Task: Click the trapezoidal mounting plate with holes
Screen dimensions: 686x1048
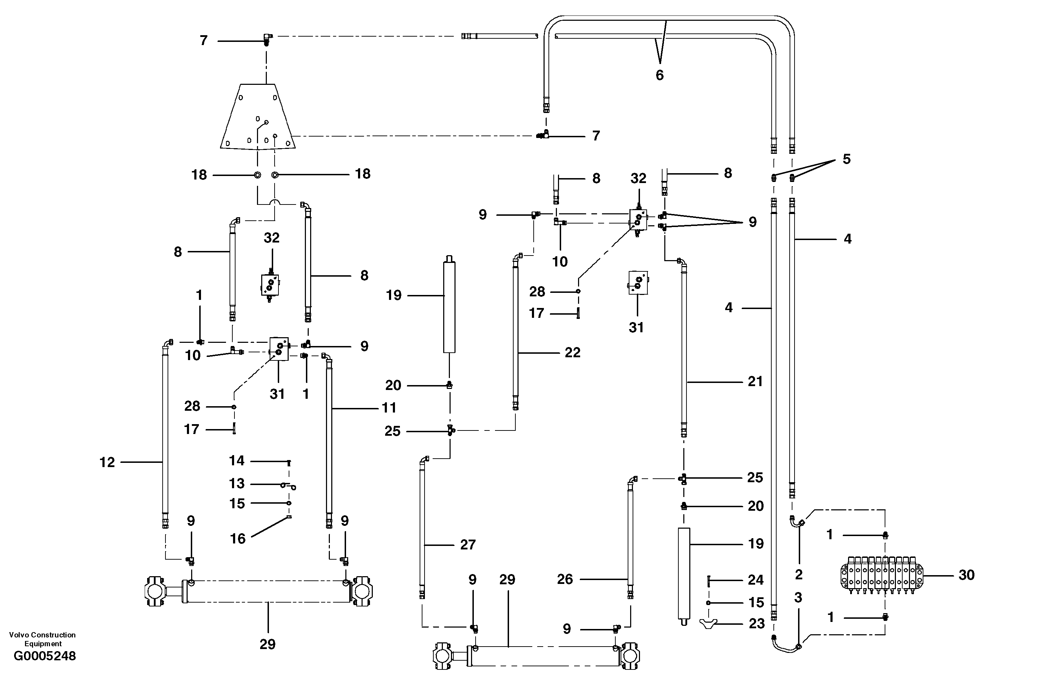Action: pos(258,117)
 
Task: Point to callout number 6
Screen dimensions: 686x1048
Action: pos(659,75)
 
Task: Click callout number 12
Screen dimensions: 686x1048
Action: pos(107,462)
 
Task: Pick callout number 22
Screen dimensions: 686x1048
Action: pos(572,352)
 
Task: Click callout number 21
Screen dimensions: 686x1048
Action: pos(755,381)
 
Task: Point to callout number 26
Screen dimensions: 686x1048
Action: pos(565,579)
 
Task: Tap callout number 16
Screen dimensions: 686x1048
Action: pos(238,538)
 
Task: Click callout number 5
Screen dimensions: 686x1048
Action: pos(846,159)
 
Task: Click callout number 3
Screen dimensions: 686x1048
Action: pos(798,598)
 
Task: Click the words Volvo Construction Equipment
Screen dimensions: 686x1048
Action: pos(43,639)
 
